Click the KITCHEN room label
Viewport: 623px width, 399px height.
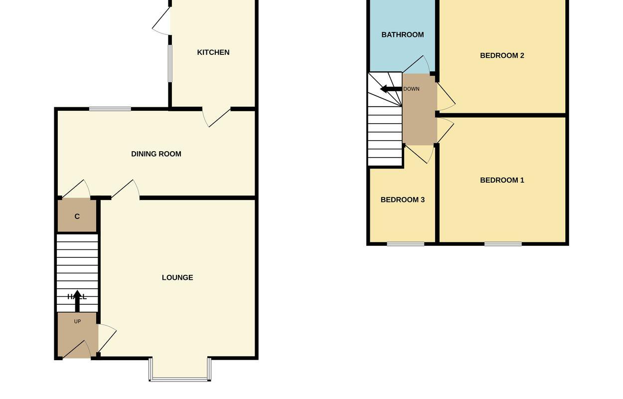tap(213, 52)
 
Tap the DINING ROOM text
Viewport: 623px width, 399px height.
tap(156, 154)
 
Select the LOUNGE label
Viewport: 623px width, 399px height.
tap(177, 278)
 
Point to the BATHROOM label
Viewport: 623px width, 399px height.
tap(403, 35)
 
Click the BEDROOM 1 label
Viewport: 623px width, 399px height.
tap(502, 180)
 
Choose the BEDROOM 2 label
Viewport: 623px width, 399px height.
tap(502, 55)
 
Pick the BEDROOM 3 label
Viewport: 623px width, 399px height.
tap(402, 200)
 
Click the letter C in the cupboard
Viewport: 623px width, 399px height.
tap(77, 216)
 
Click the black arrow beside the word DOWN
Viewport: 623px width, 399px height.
tap(391, 89)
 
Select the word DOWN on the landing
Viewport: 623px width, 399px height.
tap(412, 89)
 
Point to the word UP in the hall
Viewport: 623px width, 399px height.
tap(77, 322)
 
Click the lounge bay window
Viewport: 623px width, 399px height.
tap(179, 379)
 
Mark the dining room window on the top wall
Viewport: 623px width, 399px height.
tap(110, 109)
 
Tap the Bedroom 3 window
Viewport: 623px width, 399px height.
tap(406, 244)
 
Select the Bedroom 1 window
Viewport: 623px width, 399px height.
tap(503, 244)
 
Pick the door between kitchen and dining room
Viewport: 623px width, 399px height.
tap(217, 117)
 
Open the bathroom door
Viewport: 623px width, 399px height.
tap(418, 65)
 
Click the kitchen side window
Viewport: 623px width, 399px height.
tap(170, 63)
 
